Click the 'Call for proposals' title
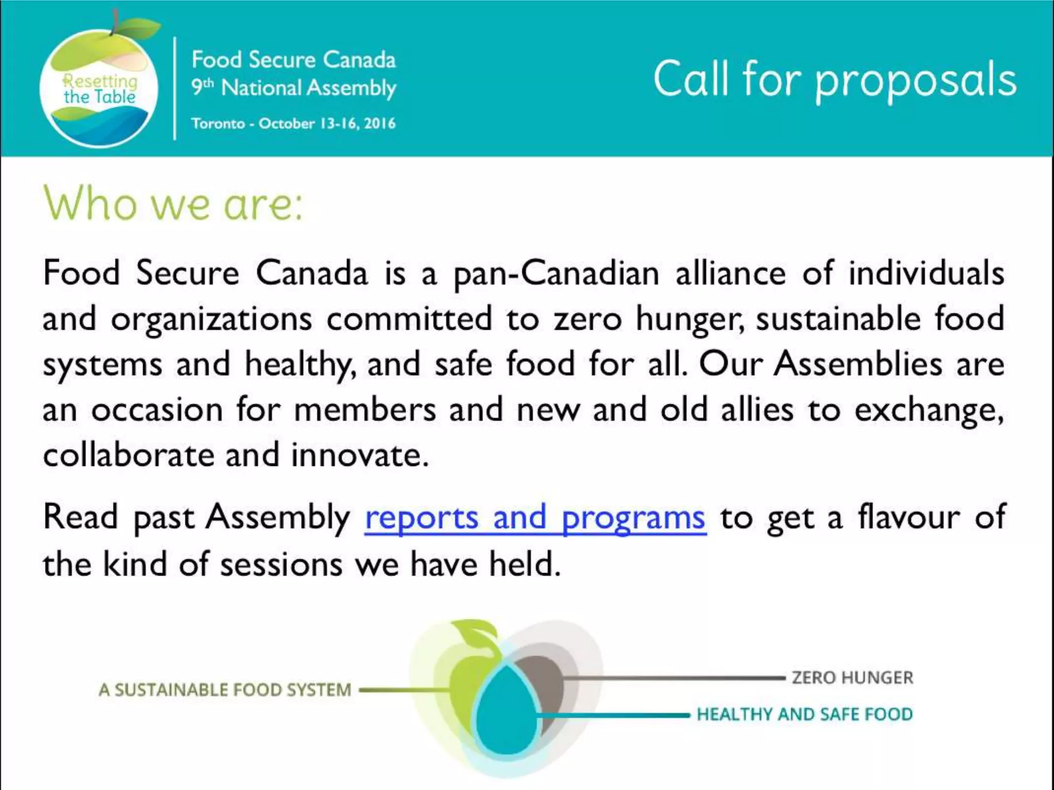[834, 80]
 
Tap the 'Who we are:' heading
[173, 204]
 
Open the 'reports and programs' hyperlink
[535, 518]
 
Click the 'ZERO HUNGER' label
[852, 678]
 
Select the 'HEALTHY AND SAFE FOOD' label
[804, 714]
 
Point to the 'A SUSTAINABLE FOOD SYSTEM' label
[225, 690]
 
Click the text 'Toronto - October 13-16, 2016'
[293, 124]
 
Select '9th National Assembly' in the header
[293, 88]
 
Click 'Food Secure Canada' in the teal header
[293, 60]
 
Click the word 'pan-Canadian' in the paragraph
[556, 274]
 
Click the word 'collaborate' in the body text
[128, 456]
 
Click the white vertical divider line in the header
[175, 88]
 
